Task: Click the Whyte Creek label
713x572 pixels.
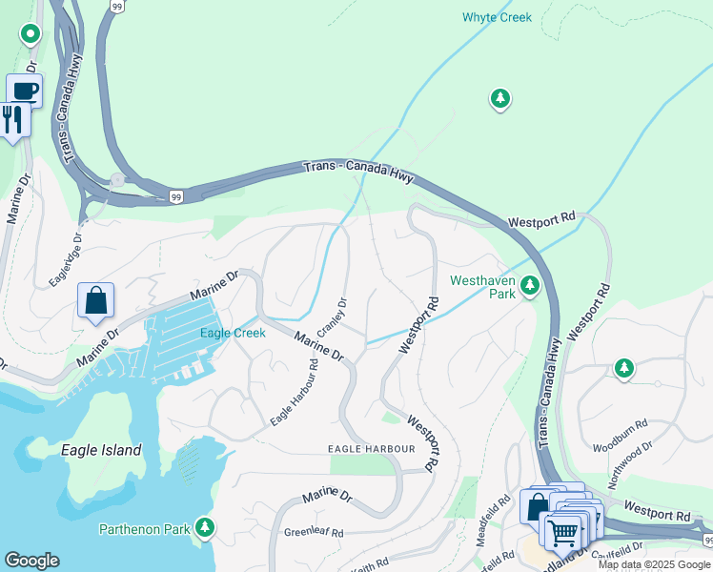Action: coord(497,17)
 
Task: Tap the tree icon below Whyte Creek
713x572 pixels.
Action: coord(499,98)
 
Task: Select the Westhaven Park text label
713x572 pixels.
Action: coord(482,287)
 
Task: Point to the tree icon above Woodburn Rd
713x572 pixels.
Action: coord(623,368)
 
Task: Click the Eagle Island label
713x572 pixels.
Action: coord(101,450)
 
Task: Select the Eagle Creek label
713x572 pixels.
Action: coord(233,333)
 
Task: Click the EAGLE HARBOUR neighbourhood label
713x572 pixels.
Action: coord(372,448)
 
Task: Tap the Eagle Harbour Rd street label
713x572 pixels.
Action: coord(294,392)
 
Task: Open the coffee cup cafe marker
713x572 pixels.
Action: coord(25,92)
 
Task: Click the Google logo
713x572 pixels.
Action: coord(31,561)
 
